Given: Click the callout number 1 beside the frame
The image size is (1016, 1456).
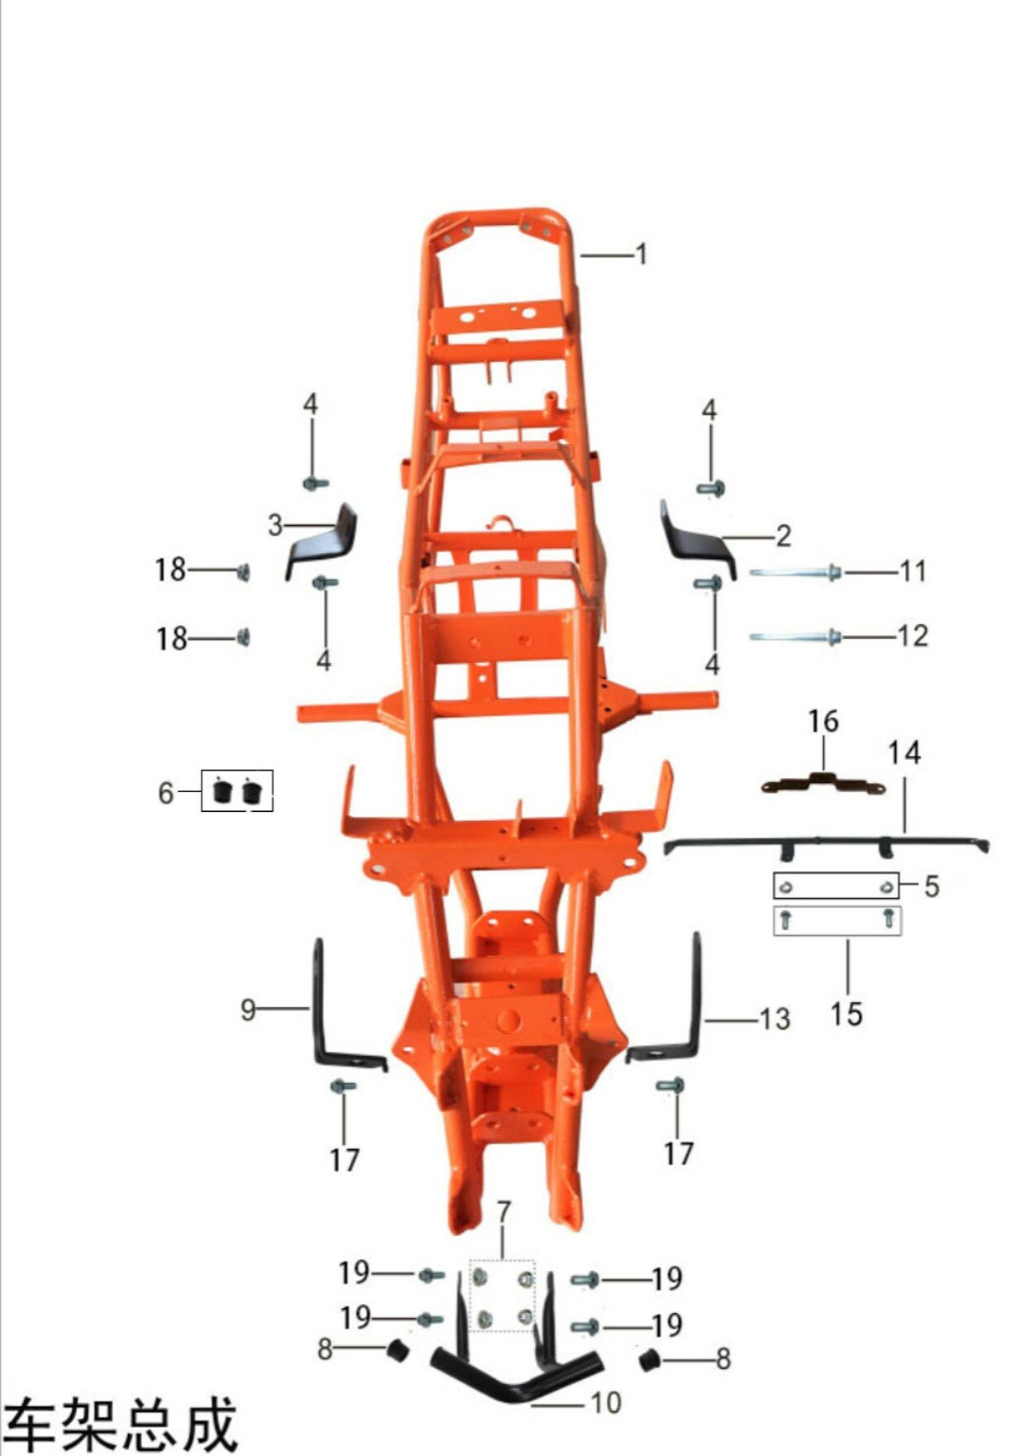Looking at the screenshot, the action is (x=641, y=255).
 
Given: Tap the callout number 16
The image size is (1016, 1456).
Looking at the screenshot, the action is (x=823, y=721).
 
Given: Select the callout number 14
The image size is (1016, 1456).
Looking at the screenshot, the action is (x=904, y=752).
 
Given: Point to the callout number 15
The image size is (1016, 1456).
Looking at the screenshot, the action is (x=847, y=1014).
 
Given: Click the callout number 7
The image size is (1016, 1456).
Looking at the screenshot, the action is (x=503, y=1212).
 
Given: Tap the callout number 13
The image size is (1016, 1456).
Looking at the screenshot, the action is (x=775, y=1019).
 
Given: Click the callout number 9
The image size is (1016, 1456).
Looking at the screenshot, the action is (x=248, y=1009).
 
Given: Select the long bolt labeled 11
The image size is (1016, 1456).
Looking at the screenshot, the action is (x=795, y=571).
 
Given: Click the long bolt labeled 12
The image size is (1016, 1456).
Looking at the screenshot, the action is (x=795, y=637).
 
